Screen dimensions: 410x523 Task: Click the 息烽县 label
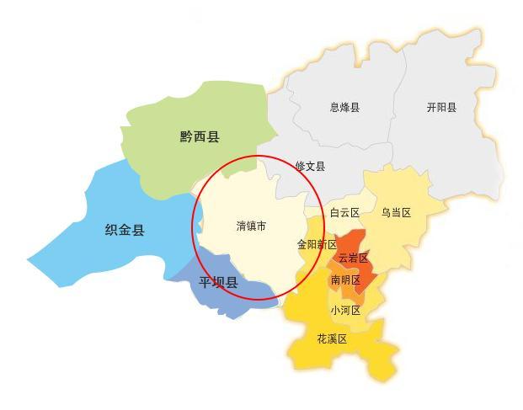(344, 108)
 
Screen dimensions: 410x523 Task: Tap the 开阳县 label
(441, 108)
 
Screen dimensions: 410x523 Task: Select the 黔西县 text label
(199, 137)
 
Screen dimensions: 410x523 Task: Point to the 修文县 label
(310, 167)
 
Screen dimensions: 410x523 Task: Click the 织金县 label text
(125, 230)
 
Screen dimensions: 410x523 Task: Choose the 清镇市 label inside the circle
(252, 226)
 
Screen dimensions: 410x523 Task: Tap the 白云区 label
(344, 213)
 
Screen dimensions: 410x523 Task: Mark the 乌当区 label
(396, 213)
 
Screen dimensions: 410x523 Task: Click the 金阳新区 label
(317, 244)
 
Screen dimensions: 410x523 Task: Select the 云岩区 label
(353, 258)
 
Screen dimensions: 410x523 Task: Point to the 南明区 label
(345, 280)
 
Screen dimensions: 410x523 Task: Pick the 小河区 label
(345, 311)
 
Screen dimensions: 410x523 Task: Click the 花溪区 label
(332, 339)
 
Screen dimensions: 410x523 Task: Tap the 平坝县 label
(218, 283)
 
